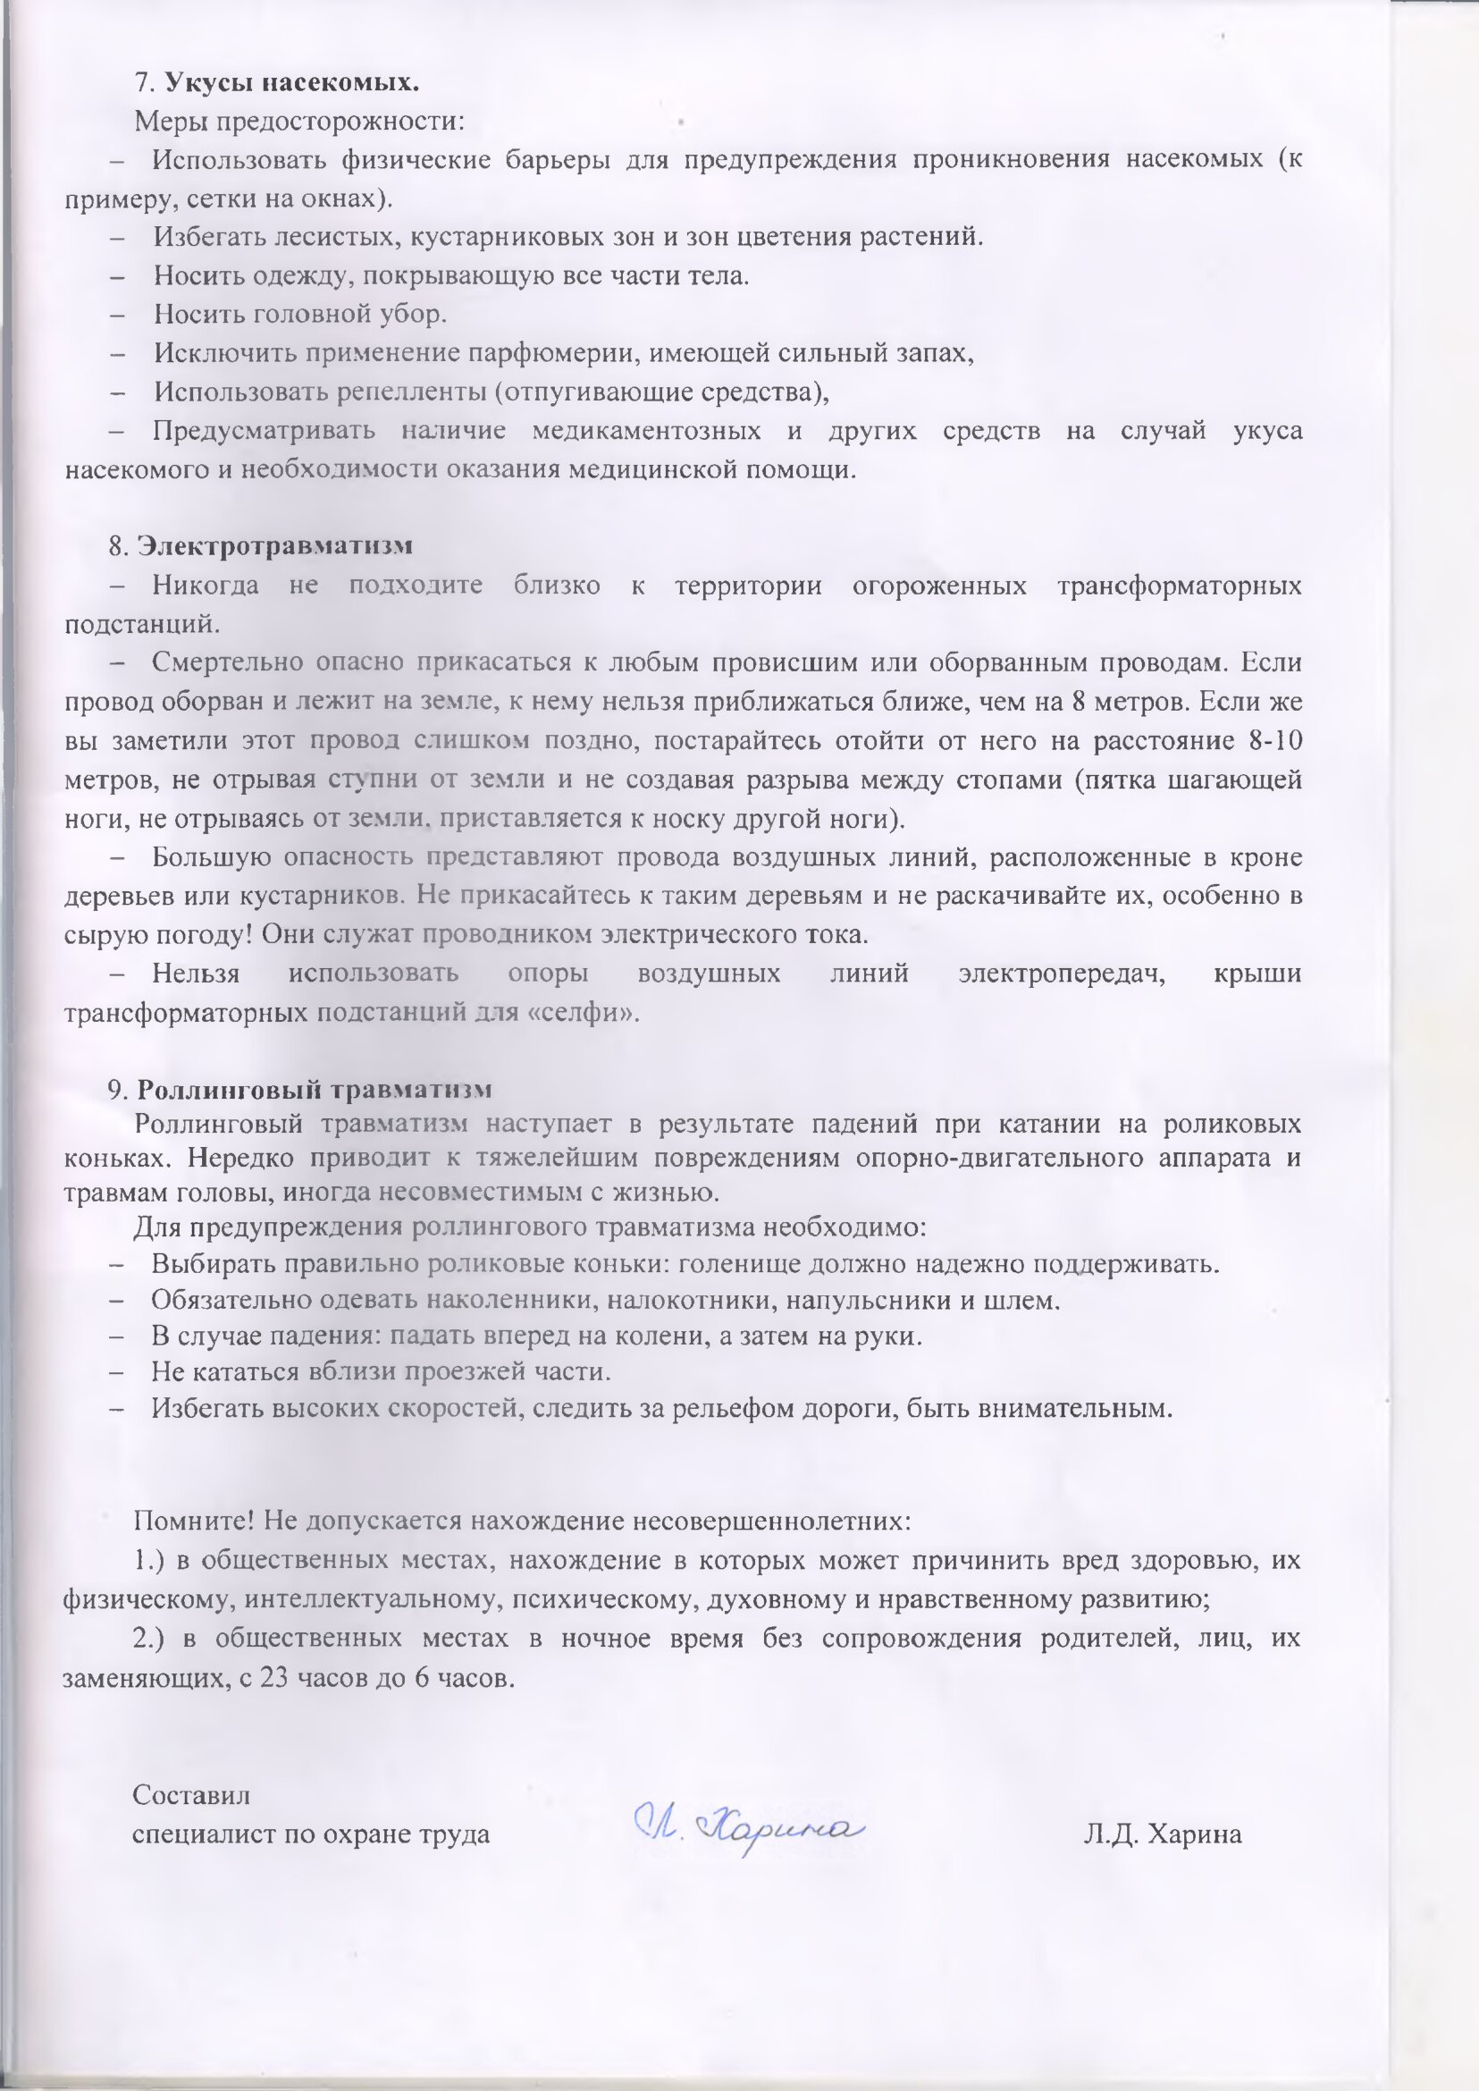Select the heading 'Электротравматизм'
(274, 545)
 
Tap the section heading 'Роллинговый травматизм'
(315, 1090)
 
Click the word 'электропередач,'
(1062, 974)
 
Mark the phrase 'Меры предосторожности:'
(299, 121)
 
